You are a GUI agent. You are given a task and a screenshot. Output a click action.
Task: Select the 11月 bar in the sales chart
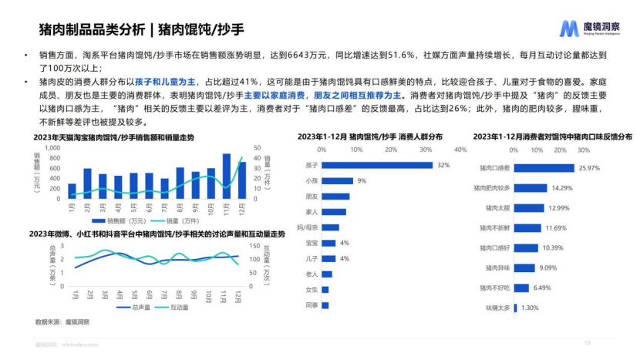click(227, 177)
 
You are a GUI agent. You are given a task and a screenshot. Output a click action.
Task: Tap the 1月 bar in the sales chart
click(72, 191)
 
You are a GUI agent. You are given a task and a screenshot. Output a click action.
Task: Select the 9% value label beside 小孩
click(361, 180)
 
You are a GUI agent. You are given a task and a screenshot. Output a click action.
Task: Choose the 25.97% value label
click(588, 168)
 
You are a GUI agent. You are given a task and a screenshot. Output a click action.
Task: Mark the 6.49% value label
click(542, 288)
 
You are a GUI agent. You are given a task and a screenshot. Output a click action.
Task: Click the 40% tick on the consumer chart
click(460, 149)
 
